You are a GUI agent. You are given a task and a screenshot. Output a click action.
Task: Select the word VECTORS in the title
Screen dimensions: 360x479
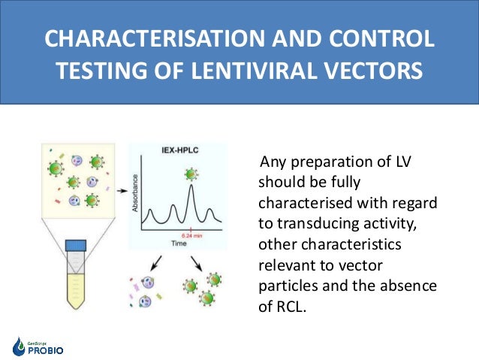click(x=376, y=72)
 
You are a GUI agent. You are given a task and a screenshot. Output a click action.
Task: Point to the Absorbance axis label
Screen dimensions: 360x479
click(x=136, y=193)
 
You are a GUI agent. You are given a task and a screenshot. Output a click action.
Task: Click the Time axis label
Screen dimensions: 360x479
click(x=179, y=244)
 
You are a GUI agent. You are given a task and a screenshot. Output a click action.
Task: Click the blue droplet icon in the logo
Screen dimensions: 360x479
click(x=19, y=346)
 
